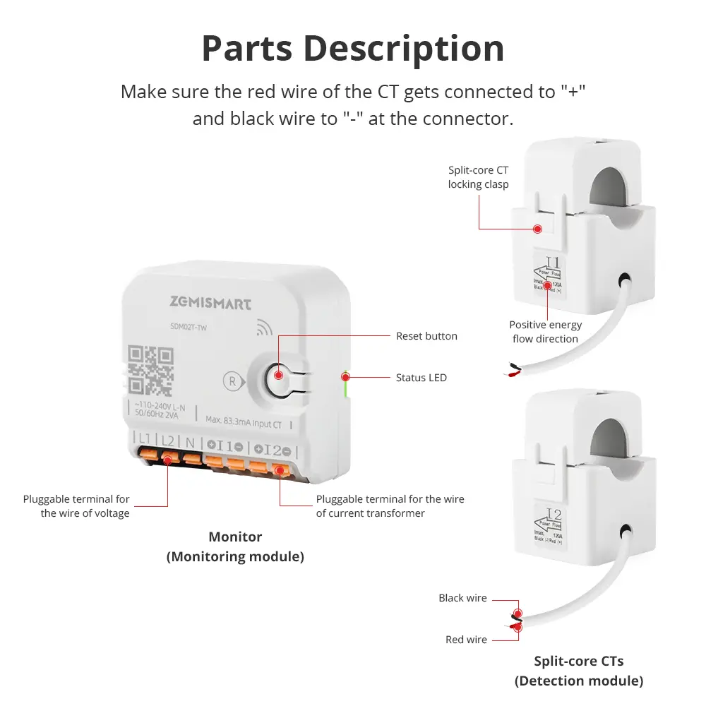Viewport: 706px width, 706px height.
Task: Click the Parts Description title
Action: coord(353,48)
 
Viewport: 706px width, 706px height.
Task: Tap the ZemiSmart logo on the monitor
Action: coord(210,304)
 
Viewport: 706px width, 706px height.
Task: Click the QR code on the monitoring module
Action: coord(151,370)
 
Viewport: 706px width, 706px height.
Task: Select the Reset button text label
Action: coord(426,336)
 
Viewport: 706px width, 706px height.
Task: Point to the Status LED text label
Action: coord(421,378)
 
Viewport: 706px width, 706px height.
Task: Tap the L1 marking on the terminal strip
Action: coord(145,440)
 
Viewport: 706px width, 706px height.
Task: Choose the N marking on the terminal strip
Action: coord(191,442)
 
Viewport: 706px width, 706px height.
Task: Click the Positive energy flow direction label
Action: coord(545,332)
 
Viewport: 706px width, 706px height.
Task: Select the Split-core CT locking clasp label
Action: coord(478,177)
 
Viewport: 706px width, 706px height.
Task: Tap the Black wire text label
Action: coord(462,598)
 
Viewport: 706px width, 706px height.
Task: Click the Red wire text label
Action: coord(466,640)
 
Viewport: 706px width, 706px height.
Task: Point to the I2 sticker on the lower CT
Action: coord(554,514)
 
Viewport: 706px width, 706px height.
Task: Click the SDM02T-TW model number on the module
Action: coord(188,326)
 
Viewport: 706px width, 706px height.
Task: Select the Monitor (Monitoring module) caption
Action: coord(235,546)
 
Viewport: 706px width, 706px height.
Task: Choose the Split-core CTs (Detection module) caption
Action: coord(578,671)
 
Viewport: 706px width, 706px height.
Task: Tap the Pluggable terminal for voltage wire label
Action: coord(76,506)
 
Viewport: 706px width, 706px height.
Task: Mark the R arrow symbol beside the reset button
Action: coord(232,380)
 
